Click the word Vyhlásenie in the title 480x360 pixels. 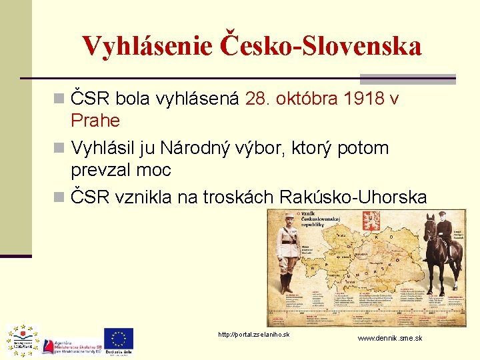tap(147, 46)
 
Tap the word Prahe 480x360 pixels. tap(95, 121)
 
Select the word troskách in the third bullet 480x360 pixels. tap(243, 197)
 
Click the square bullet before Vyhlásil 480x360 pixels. tap(61, 148)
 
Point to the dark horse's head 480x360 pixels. tap(429, 230)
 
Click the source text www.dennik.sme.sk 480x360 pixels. tap(389, 339)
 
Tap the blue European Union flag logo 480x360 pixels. tap(118, 338)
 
